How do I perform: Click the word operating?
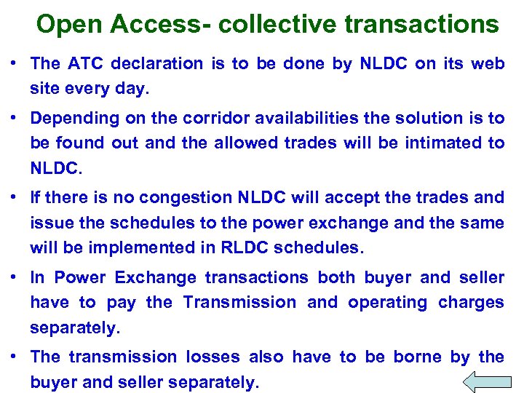tap(387, 303)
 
